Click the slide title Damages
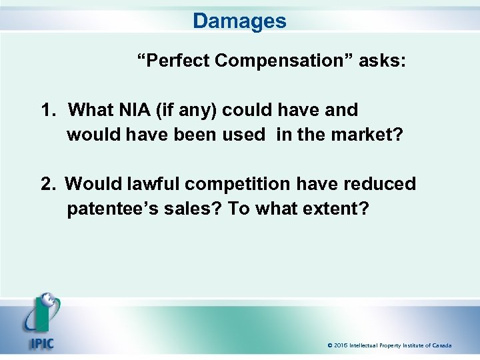coord(239,21)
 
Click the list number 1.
coord(48,109)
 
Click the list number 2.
coord(48,183)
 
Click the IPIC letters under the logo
coord(41,345)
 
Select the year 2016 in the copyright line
coord(342,345)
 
